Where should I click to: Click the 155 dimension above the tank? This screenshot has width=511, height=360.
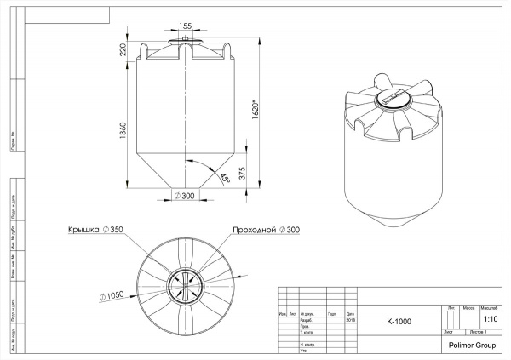(186, 26)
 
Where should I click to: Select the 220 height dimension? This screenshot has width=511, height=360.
(124, 54)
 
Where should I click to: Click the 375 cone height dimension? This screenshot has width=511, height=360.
(244, 173)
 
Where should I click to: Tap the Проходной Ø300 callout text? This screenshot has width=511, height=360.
(267, 231)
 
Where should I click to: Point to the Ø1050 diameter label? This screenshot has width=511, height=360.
(112, 295)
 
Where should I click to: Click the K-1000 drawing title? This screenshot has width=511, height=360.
(399, 322)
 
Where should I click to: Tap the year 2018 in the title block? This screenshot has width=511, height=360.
(350, 320)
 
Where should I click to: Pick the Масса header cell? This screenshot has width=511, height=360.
(468, 307)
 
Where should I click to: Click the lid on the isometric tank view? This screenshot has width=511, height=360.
(393, 100)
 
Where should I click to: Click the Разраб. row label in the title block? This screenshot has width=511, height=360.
(307, 320)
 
